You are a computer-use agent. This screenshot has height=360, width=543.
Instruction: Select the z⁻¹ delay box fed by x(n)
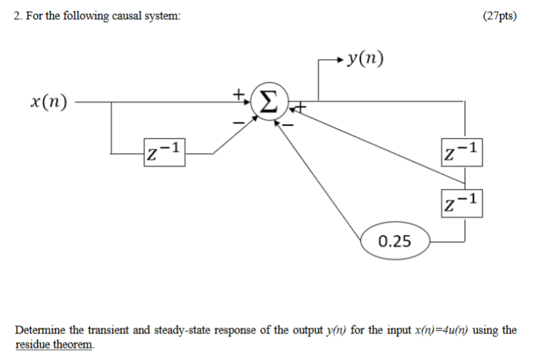point(164,152)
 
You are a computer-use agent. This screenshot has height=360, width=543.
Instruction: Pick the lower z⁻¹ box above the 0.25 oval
point(460,201)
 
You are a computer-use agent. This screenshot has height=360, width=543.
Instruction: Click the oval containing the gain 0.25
point(394,239)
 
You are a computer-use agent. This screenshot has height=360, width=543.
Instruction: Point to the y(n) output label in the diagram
point(364,58)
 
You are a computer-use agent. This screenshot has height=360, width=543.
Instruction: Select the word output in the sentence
point(310,331)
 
